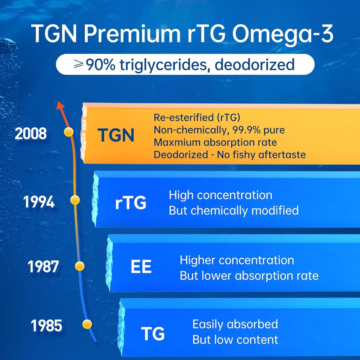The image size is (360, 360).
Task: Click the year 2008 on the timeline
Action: pos(31,134)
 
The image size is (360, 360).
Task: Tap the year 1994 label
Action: pos(39,202)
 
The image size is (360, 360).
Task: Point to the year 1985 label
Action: pos(47,326)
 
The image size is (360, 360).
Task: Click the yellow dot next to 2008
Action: pos(69,132)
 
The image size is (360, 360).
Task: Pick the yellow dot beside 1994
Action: pos(75,200)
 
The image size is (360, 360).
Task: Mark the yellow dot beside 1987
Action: pos(80,266)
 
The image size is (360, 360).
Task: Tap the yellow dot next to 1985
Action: pos(87,324)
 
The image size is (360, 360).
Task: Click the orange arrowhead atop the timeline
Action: pos(60,104)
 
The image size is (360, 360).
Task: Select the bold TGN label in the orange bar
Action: pos(116,136)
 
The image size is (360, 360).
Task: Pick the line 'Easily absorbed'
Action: pos(235,324)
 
